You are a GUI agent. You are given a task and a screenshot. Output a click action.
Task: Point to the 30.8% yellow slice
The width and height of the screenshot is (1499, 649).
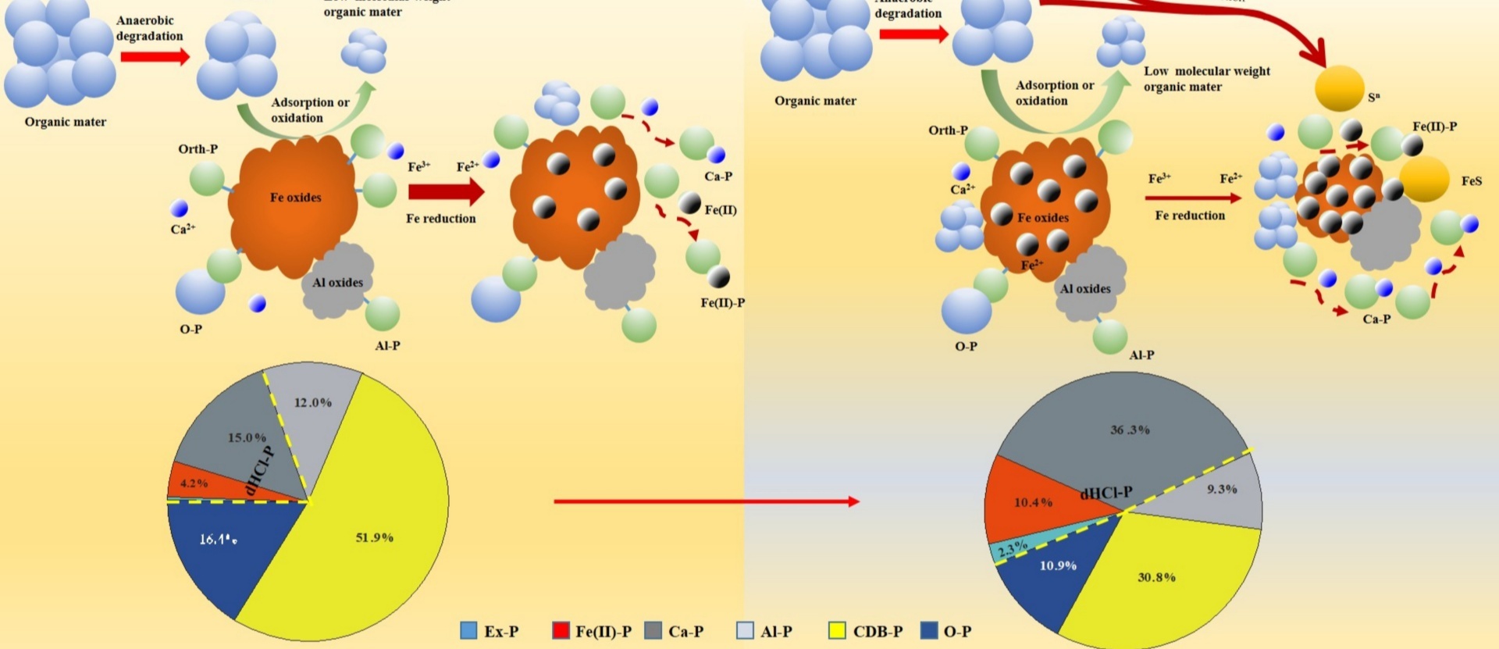[x=1155, y=578]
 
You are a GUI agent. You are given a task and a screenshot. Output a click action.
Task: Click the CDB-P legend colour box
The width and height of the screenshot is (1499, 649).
[x=837, y=630]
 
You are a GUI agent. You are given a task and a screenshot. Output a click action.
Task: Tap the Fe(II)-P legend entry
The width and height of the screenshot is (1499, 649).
[x=592, y=631]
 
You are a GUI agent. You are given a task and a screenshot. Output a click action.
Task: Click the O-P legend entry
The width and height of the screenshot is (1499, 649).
[x=946, y=631]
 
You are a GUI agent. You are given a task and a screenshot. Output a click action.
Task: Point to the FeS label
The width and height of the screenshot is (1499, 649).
[x=1471, y=181]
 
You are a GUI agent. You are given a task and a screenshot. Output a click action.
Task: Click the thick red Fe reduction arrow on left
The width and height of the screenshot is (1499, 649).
[x=445, y=191]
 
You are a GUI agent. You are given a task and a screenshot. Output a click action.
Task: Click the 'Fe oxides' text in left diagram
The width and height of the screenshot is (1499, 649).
[x=295, y=198]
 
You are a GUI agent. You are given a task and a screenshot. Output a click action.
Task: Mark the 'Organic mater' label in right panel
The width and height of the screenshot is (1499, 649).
[x=815, y=101]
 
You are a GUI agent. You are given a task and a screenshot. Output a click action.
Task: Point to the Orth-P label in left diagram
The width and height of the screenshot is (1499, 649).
[x=198, y=149]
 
